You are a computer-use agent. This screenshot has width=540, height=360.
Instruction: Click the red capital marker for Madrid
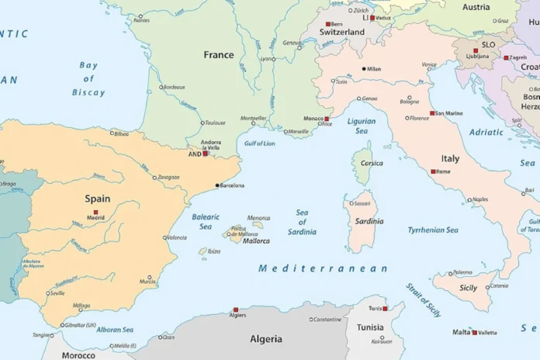tap(95, 212)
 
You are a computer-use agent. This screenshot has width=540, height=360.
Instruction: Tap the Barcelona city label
tap(233, 185)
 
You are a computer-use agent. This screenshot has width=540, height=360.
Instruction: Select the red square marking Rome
tap(433, 171)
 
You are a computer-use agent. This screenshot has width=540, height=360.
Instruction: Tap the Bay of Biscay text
tap(88, 79)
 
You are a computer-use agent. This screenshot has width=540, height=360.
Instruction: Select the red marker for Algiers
tap(236, 309)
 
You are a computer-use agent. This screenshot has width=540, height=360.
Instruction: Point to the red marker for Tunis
tap(385, 308)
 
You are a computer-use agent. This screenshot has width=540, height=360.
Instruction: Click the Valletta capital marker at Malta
tap(474, 332)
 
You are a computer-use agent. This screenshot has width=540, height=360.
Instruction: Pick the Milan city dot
tap(363, 69)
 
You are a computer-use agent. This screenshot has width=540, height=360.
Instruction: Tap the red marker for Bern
tap(328, 24)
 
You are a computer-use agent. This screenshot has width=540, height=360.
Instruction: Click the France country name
tap(218, 55)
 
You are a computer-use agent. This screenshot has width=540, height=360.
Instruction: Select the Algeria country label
tap(266, 339)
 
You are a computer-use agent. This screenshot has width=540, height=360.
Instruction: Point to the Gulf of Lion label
tap(260, 144)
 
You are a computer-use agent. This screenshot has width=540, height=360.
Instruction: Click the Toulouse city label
tap(215, 123)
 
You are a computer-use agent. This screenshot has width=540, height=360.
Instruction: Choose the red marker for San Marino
tap(432, 113)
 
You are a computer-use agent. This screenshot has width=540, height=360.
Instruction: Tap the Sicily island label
tap(469, 288)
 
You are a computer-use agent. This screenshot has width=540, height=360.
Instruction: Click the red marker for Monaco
tap(327, 119)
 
